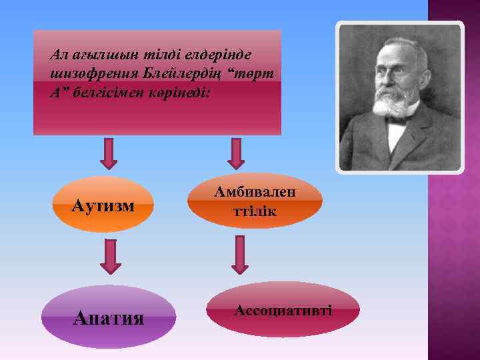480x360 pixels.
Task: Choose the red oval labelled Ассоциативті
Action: point(283,309)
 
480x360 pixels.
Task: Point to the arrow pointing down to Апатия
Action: point(111,257)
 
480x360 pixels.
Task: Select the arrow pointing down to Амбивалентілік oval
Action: point(236,153)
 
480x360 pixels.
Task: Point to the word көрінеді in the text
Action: point(181,91)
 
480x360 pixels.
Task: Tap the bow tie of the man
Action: point(398,122)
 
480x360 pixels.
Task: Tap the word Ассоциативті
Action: point(283,310)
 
